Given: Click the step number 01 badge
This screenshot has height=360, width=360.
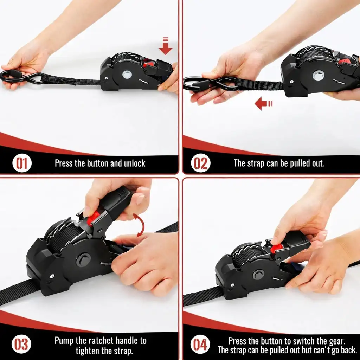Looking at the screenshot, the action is coord(22,163).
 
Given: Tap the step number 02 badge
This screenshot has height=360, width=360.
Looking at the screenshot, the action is coord(200,163).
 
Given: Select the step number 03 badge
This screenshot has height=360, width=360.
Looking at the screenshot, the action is coord(21,344).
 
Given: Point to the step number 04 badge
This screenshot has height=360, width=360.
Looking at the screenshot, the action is coord(200,344).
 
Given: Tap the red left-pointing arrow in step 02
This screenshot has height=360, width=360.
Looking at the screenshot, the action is coord(264,104).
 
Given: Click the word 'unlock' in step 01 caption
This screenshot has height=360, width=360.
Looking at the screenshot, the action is coord(135,163).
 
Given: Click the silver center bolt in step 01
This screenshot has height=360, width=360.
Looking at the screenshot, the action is coord(127,75).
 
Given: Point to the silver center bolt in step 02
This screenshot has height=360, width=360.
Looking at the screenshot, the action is coord(319,75).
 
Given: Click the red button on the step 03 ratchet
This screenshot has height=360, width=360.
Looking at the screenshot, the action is coord(93,218).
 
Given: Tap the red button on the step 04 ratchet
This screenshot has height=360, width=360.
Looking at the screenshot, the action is coord(276,248).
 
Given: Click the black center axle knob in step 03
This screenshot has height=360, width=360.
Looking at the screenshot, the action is coord(83,260).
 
